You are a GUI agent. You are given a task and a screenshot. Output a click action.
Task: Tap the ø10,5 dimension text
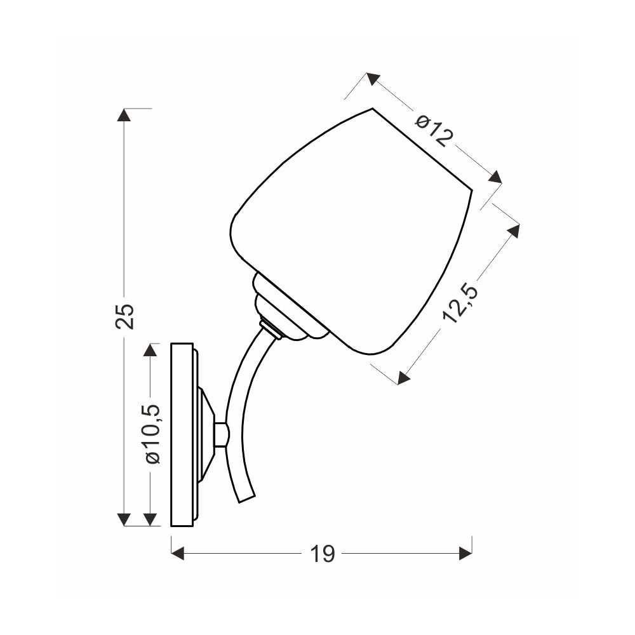[x=153, y=433]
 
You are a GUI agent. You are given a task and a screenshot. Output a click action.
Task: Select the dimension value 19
[x=323, y=554]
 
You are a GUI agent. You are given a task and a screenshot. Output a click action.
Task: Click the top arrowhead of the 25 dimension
[x=124, y=114]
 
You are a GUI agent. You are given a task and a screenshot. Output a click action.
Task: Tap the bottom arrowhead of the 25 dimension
[x=124, y=519]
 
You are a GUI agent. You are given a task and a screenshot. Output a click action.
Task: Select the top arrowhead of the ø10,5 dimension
[x=150, y=350]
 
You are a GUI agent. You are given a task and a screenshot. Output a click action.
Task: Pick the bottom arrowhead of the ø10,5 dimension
[x=150, y=519]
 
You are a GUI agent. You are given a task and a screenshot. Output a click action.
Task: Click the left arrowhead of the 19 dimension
[x=178, y=553]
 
